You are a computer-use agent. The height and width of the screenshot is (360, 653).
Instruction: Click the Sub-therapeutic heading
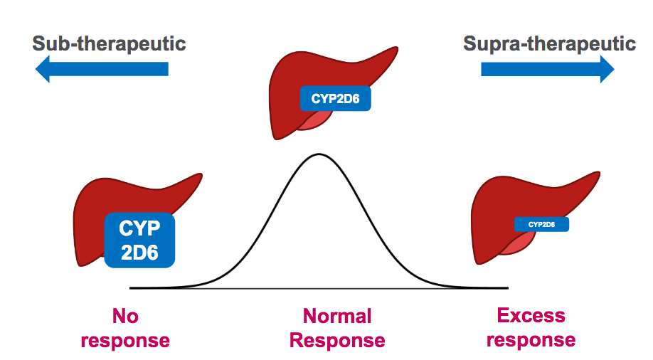[109, 43]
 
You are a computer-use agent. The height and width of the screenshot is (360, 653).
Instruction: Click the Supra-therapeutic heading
[549, 43]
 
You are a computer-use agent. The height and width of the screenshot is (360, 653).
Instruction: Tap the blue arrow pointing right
[547, 69]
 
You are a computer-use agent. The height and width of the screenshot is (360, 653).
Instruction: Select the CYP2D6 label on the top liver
[335, 100]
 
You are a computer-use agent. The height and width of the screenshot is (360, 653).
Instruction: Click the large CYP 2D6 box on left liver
[140, 240]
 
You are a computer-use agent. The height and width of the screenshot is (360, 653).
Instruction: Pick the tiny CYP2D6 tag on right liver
[541, 225]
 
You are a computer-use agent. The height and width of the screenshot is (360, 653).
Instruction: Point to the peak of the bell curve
[319, 154]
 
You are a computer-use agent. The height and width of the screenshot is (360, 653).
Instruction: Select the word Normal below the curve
[337, 316]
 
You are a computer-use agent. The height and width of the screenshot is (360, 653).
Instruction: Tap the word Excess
[531, 315]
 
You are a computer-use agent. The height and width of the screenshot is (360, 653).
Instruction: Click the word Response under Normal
[337, 340]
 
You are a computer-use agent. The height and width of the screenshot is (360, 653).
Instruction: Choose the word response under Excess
[531, 339]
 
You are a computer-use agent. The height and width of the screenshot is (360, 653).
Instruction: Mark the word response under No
[125, 340]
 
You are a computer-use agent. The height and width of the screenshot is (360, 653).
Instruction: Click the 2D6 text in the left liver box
[140, 253]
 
